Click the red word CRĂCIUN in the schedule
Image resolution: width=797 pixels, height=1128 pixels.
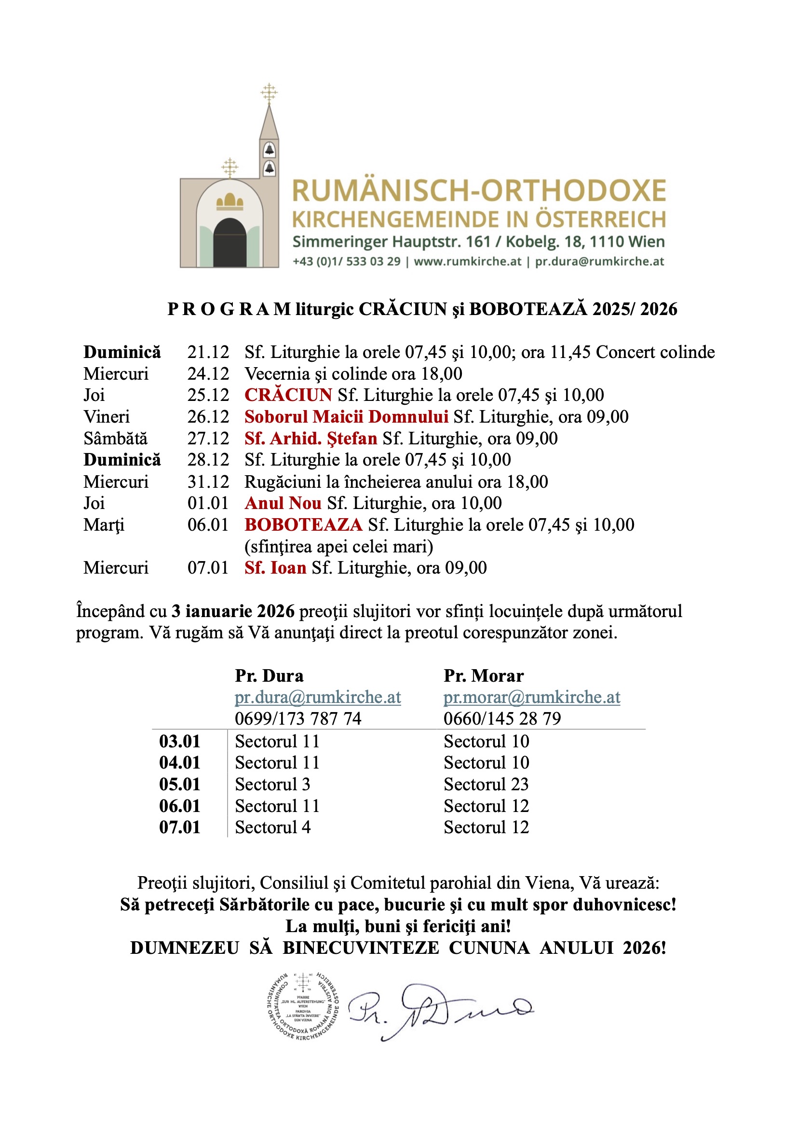288,395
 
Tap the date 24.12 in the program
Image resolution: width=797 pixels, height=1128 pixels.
208,374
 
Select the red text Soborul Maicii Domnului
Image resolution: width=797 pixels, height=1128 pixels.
346,417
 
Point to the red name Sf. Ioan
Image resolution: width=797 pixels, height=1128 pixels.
275,568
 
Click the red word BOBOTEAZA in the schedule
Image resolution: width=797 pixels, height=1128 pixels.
303,525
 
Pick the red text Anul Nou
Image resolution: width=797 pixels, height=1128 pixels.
283,503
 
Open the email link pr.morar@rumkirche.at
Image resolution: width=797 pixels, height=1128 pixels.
532,697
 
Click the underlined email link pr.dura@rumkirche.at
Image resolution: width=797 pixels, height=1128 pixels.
318,697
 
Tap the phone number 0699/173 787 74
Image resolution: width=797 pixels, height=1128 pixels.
298,719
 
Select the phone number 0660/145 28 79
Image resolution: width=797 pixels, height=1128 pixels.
502,719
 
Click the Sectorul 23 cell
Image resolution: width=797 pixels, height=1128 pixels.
486,784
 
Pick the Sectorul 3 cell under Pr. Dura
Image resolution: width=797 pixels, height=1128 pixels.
272,784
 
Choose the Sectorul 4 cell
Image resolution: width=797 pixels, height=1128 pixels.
272,827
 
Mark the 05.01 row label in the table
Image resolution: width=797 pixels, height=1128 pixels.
180,784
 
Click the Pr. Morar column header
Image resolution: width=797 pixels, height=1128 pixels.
484,676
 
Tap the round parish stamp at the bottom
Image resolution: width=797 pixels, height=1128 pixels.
303,1006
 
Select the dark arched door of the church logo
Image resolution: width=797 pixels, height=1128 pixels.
230,243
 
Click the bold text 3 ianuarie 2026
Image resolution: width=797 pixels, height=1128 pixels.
233,611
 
